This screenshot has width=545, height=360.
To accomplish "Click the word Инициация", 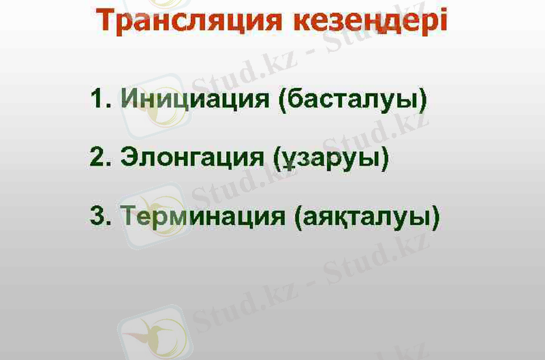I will [x=195, y=100].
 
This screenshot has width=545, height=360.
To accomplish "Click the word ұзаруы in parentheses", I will [x=331, y=158].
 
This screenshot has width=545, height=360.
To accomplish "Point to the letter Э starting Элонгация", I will [x=129, y=158].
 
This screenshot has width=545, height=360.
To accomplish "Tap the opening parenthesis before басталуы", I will [x=283, y=100].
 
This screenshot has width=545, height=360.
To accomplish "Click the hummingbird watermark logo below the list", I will [x=153, y=333].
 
